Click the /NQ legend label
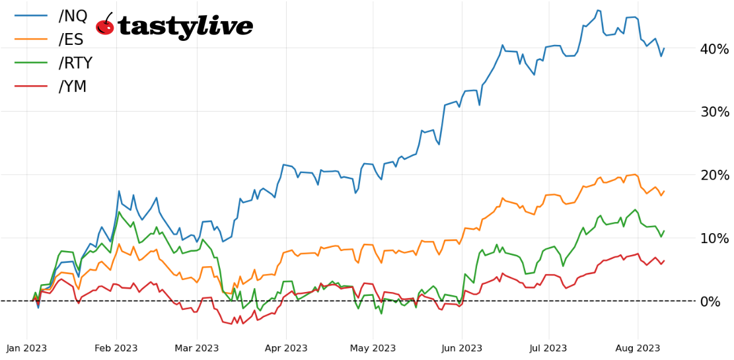pyautogui.click(x=73, y=16)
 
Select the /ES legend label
pyautogui.click(x=71, y=40)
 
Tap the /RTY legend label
pyautogui.click(x=75, y=63)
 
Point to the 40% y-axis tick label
pyautogui.click(x=714, y=49)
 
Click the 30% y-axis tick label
pyautogui.click(x=714, y=112)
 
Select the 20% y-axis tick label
pyautogui.click(x=714, y=175)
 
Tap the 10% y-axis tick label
pyautogui.click(x=714, y=238)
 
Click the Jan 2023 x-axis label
pyautogui.click(x=27, y=348)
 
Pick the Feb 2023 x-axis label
pyautogui.click(x=116, y=348)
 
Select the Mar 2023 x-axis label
pyautogui.click(x=196, y=348)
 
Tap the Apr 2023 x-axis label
pyautogui.click(x=285, y=348)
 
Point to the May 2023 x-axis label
pyautogui.click(x=373, y=348)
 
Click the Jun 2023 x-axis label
pyautogui.click(x=461, y=348)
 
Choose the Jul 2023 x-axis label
pyautogui.click(x=548, y=348)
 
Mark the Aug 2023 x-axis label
pyautogui.click(x=638, y=348)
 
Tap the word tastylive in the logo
pyautogui.click(x=186, y=26)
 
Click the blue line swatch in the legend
pyautogui.click(x=30, y=16)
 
